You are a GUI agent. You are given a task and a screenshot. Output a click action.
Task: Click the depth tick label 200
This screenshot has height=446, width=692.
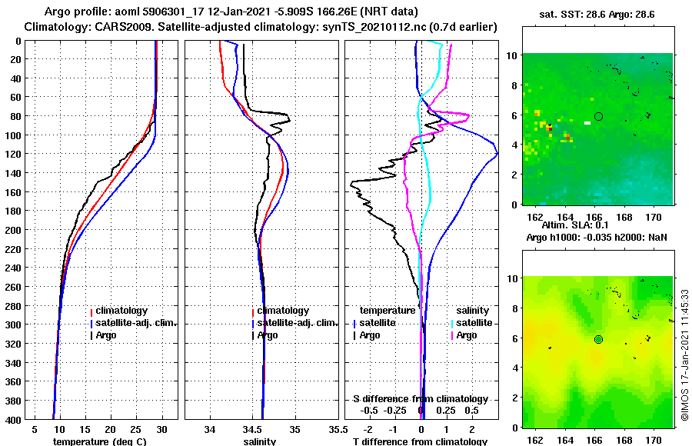point(15,229)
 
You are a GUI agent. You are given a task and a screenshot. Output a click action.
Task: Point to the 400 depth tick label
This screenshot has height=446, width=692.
point(15,419)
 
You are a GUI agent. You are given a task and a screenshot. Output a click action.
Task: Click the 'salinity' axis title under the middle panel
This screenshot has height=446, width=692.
point(260,441)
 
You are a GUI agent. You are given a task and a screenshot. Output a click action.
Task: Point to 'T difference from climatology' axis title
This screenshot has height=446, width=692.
point(420,441)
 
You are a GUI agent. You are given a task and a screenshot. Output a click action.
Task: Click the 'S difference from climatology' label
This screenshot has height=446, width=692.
point(420,399)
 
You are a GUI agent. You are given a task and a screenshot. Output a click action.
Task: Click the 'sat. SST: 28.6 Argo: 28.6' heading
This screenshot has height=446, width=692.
point(597,15)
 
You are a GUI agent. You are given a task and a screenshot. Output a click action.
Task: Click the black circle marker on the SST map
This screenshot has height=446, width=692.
point(598,116)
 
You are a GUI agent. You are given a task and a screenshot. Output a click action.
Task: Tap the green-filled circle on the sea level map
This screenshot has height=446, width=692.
point(598,339)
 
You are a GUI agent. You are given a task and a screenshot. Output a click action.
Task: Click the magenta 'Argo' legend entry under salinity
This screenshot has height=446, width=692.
point(467,335)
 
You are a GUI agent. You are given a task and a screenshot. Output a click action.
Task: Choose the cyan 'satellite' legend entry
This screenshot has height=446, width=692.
point(474,323)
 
